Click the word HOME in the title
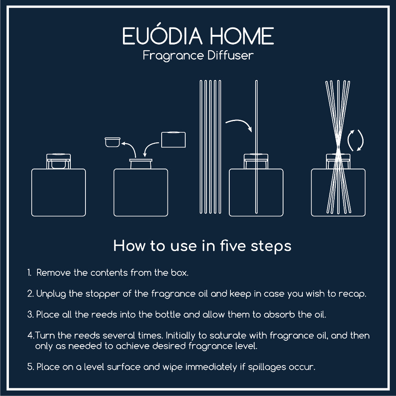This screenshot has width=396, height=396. pos(242,36)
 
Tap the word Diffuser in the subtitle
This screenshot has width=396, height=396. pos(230,55)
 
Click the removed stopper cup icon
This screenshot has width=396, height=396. pos(113,142)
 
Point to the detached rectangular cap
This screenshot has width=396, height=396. pos(173,139)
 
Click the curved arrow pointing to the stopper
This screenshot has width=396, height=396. pos(130,148)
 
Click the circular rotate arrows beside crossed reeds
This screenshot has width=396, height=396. pos(355,140)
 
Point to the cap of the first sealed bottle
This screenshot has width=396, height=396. pos(58,161)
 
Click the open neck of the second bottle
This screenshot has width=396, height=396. pos(141,164)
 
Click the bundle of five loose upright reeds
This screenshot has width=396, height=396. pos(210,147)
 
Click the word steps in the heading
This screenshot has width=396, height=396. pos(271,246)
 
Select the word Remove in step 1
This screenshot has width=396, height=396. pos(53,273)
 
